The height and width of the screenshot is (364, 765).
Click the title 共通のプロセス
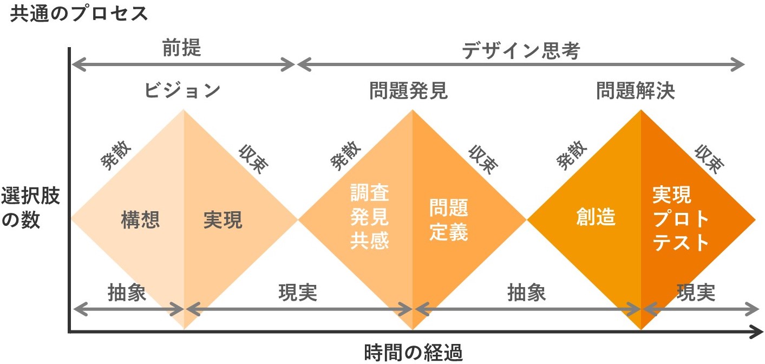(79, 14)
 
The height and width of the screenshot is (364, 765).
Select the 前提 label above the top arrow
(181, 49)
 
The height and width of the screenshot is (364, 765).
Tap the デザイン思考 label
(521, 51)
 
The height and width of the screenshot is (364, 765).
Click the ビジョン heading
(182, 90)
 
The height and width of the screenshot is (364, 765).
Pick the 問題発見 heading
(409, 90)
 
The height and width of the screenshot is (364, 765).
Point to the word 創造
(596, 217)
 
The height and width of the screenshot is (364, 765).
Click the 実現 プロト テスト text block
(681, 219)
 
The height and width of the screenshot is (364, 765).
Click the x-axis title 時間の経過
(414, 353)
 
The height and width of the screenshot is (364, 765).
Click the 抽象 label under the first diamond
(127, 292)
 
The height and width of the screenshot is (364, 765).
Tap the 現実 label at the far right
(696, 292)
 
